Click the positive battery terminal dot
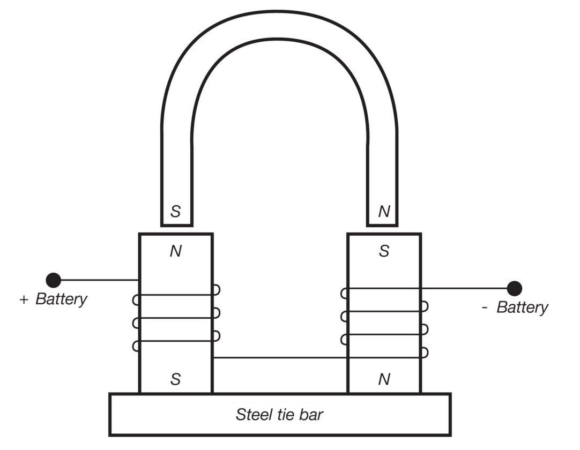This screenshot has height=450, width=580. pyautogui.click(x=53, y=280)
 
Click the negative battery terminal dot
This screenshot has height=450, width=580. pyautogui.click(x=514, y=288)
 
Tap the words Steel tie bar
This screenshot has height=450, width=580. pyautogui.click(x=279, y=415)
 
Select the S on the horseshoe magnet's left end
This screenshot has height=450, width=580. pyautogui.click(x=175, y=211)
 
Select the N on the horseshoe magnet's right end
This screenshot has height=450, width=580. pyautogui.click(x=384, y=211)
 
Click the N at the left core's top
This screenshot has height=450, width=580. pyautogui.click(x=176, y=251)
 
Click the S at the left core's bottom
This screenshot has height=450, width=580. pyautogui.click(x=175, y=379)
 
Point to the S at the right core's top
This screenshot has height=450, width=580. pyautogui.click(x=384, y=251)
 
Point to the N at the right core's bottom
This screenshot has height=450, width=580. pyautogui.click(x=384, y=379)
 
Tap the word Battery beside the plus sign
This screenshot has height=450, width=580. pyautogui.click(x=62, y=299)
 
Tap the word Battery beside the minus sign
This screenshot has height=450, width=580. pyautogui.click(x=522, y=307)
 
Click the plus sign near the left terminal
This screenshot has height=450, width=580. pyautogui.click(x=24, y=299)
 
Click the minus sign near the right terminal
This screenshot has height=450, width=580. pyautogui.click(x=485, y=307)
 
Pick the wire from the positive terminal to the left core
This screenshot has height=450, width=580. pyautogui.click(x=100, y=280)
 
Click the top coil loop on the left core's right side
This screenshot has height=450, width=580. pyautogui.click(x=217, y=290)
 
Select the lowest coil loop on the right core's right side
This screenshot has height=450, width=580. pyautogui.click(x=425, y=352)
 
